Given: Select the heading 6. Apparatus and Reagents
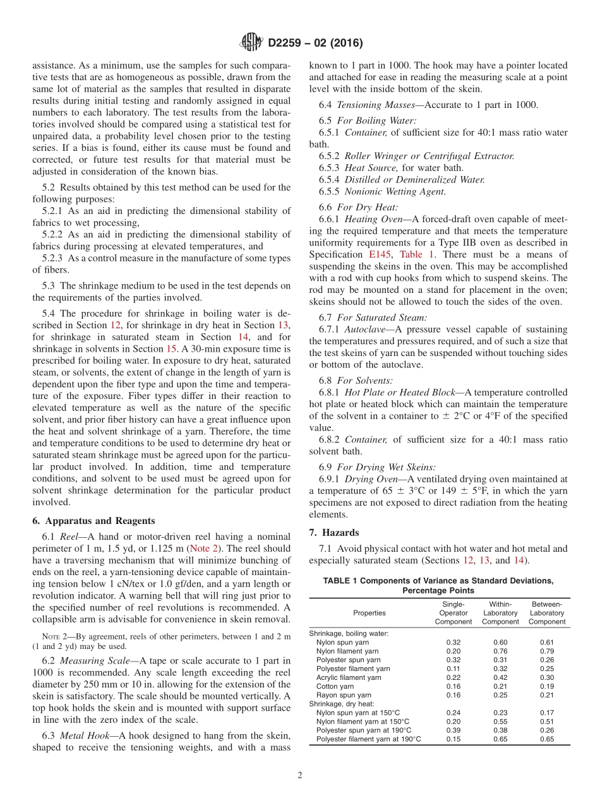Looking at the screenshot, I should click(93, 521).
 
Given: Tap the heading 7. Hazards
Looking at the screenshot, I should click(334, 532).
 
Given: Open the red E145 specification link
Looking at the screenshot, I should click(380, 254).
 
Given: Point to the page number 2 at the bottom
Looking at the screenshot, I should click(300, 775).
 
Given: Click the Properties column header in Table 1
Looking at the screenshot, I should click(369, 613).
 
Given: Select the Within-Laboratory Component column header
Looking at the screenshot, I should click(500, 613).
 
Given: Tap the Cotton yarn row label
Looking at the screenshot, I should click(335, 686).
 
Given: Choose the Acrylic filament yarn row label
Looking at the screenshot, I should click(349, 677).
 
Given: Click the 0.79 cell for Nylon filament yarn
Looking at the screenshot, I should click(547, 651).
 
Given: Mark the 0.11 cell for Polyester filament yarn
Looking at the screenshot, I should click(453, 669).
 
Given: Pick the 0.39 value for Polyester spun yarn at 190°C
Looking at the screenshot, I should click(453, 730).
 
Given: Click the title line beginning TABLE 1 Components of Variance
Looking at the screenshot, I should click(438, 581).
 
